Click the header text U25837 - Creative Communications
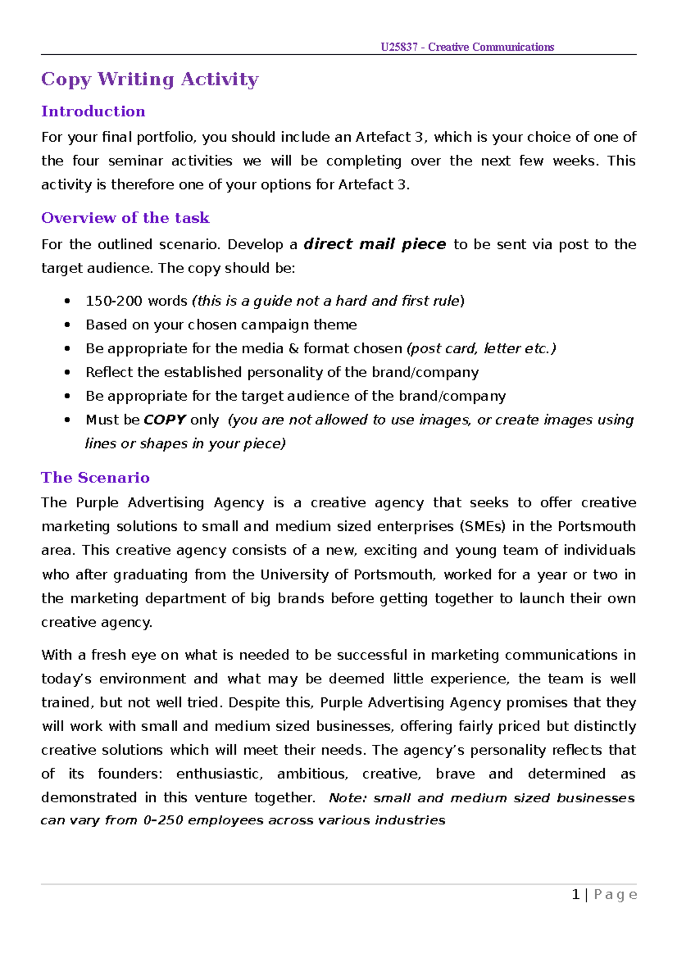pos(467,47)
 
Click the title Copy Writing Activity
pos(150,80)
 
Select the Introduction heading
pos(93,112)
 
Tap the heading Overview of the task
pos(125,218)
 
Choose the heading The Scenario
pos(95,478)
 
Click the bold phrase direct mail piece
pos(375,244)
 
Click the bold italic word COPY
pos(164,420)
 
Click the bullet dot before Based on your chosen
pos(68,326)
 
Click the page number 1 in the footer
pos(575,895)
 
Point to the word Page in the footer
pos(616,895)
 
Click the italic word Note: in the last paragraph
pos(348,798)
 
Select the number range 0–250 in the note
pos(163,821)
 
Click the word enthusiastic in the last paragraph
pos(219,774)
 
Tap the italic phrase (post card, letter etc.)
pos(481,349)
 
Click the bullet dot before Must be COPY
pos(68,420)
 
